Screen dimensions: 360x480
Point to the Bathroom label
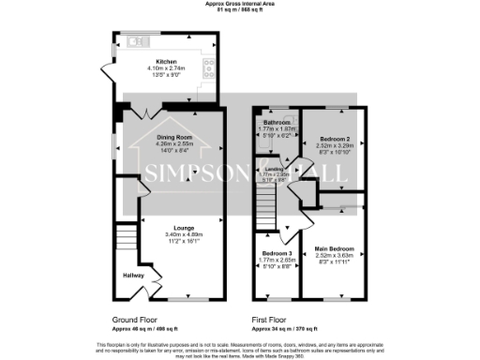(277, 121)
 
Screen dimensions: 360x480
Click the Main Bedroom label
(334, 248)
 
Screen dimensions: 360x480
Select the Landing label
(274, 168)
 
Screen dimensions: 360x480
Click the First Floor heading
(272, 320)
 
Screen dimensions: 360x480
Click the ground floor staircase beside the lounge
(126, 235)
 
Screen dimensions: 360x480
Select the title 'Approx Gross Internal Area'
(240, 5)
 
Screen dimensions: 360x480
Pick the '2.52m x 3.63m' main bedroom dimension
(334, 255)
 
